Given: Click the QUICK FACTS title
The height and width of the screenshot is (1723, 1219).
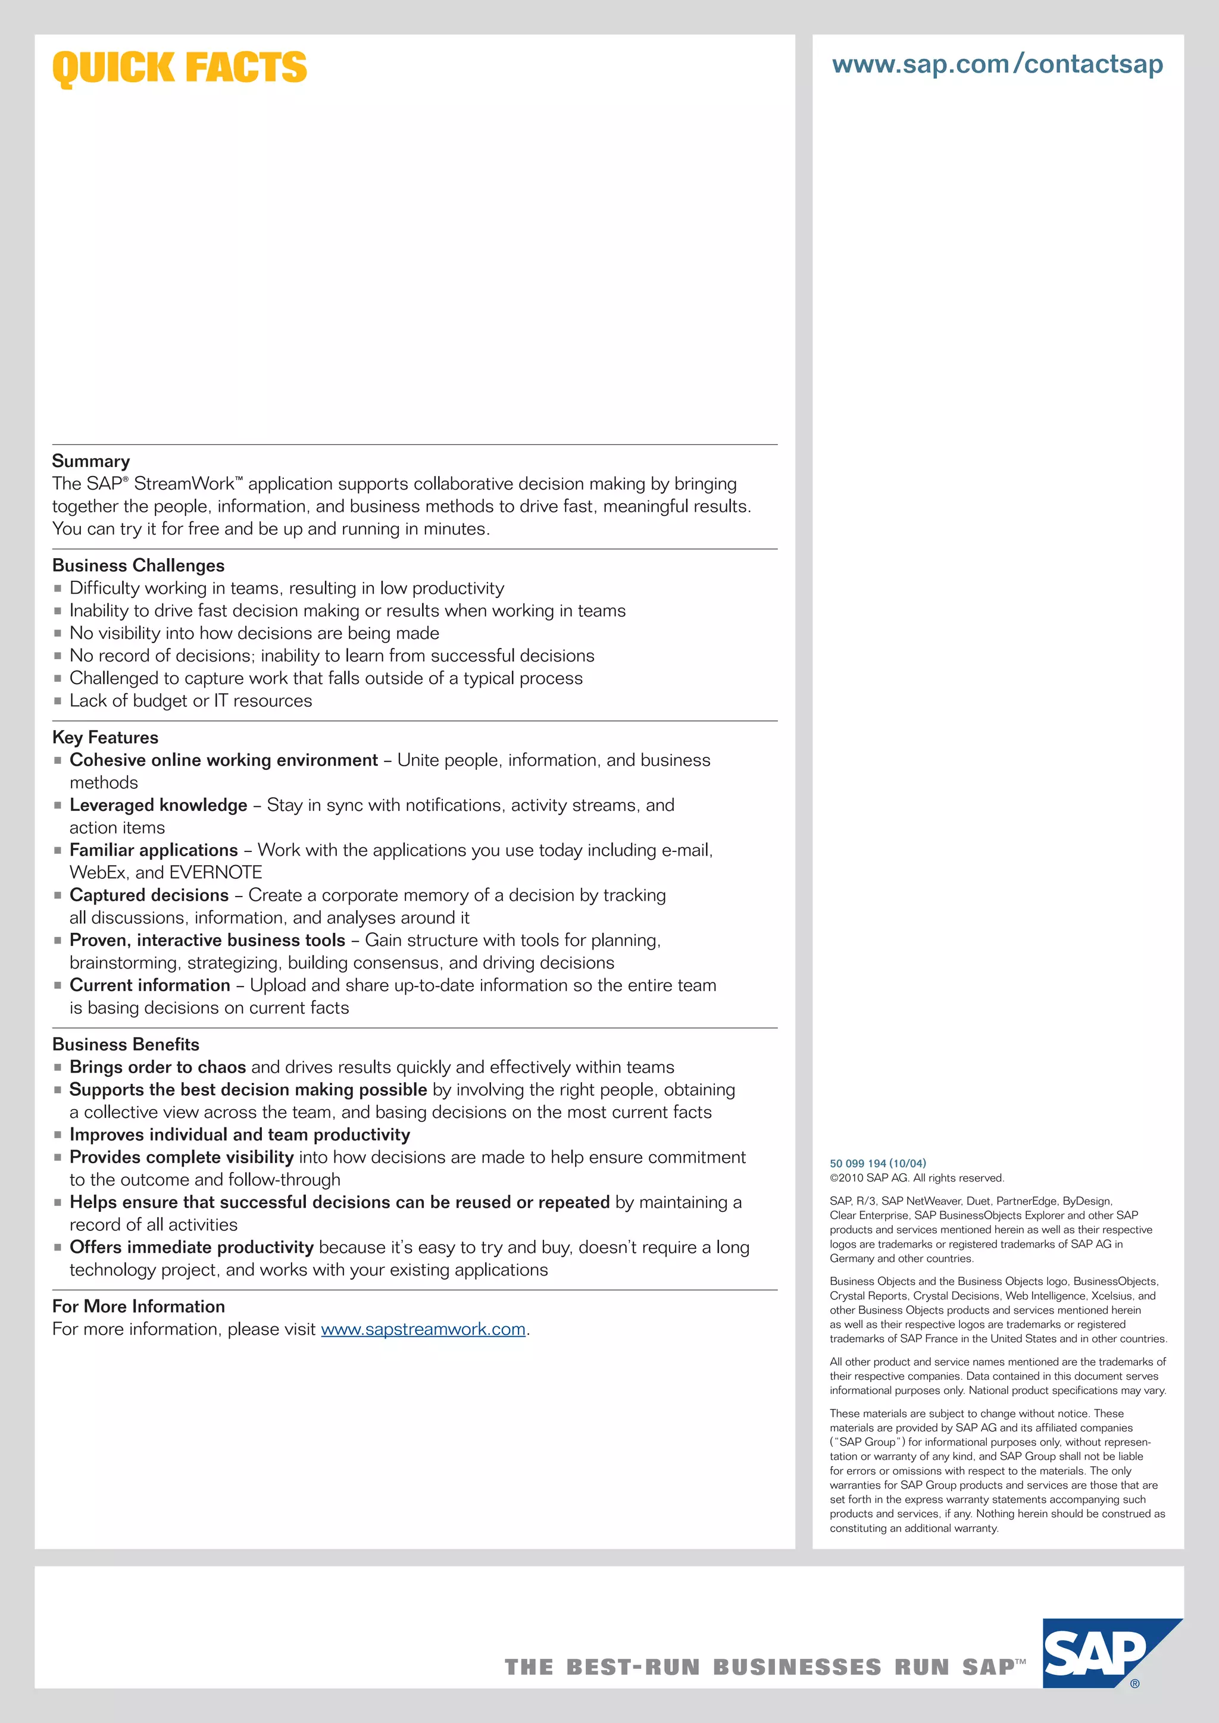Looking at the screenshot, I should (x=179, y=68).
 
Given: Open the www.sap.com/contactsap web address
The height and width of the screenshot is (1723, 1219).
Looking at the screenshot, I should (x=998, y=64).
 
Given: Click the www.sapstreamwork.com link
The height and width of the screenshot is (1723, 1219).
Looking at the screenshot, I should (x=423, y=1329).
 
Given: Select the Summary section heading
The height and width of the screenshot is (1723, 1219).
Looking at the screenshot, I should (x=91, y=460).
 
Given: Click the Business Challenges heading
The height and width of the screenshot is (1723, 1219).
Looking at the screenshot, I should (x=138, y=565).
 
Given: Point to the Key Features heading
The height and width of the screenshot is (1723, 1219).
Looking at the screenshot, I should (x=105, y=737).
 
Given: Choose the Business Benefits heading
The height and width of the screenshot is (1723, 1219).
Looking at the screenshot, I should (x=126, y=1044).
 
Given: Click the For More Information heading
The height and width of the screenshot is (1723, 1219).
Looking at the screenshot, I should (x=138, y=1306).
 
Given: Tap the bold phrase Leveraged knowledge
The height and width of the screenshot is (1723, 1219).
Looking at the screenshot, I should (x=158, y=805).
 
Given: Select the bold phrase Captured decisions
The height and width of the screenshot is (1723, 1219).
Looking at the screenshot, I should (x=149, y=895).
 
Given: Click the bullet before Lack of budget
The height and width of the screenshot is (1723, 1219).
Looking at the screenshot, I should (x=58, y=701).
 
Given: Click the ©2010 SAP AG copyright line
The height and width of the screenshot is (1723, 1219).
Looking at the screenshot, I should (x=916, y=1177).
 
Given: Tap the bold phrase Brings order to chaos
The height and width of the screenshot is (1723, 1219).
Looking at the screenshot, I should (x=158, y=1067).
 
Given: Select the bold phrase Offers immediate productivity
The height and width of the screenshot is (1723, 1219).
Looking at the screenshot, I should (x=192, y=1247).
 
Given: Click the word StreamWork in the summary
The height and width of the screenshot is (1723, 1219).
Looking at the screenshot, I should (x=184, y=484).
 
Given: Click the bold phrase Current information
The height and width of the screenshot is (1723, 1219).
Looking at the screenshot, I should (x=149, y=985).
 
